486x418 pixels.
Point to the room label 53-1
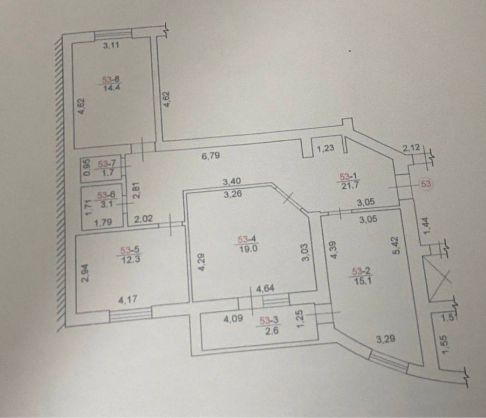[x=350, y=178]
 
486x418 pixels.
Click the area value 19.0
[x=244, y=247]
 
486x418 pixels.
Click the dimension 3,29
[x=384, y=339]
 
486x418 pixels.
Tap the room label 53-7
[x=105, y=165]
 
